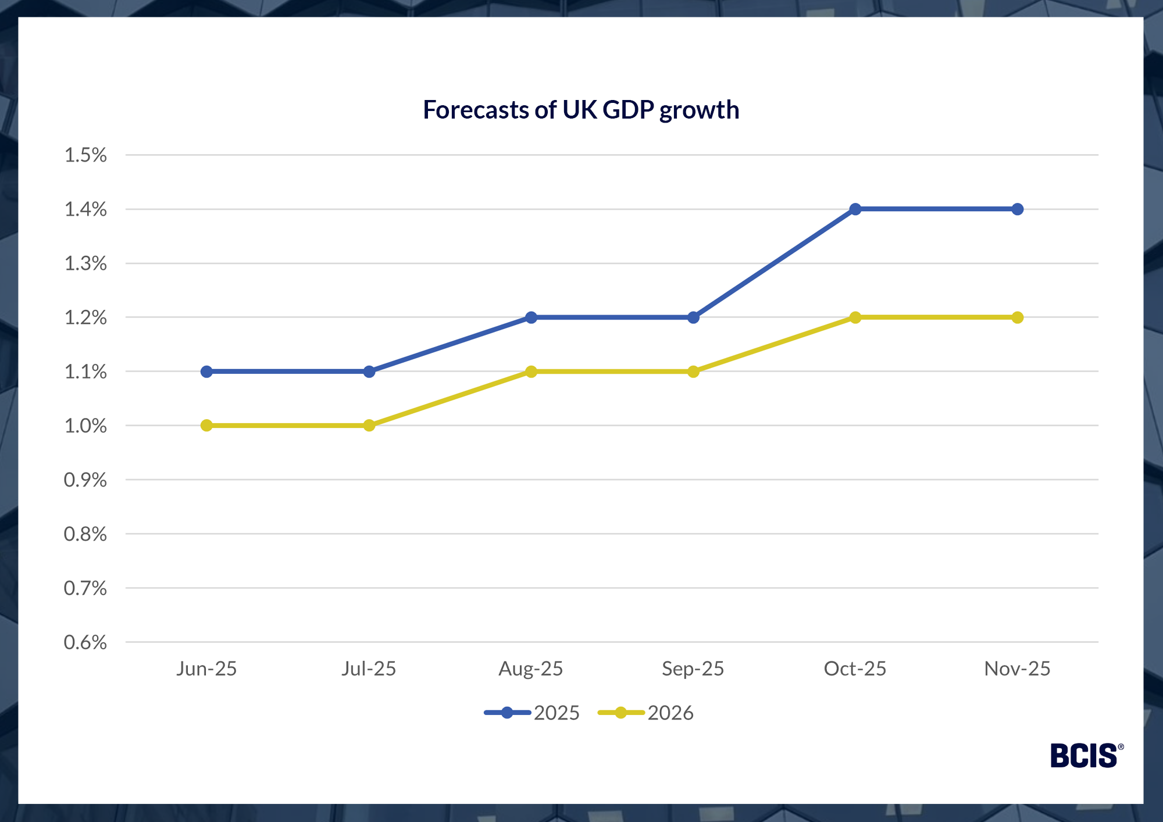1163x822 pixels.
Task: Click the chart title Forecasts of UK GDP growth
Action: pyautogui.click(x=580, y=110)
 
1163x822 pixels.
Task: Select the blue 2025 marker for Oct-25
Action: pyautogui.click(x=855, y=209)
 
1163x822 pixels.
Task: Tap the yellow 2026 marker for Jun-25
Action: pyautogui.click(x=206, y=426)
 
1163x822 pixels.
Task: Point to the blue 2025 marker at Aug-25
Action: pyautogui.click(x=531, y=317)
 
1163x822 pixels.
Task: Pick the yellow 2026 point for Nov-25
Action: pyautogui.click(x=1017, y=317)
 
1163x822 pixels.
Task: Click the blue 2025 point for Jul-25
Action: pyautogui.click(x=369, y=371)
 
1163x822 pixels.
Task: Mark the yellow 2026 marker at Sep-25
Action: pyautogui.click(x=693, y=371)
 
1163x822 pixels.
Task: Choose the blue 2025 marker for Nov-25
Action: pyautogui.click(x=1017, y=209)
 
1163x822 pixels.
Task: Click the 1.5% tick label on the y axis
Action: pyautogui.click(x=85, y=155)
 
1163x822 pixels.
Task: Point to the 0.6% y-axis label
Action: pyautogui.click(x=85, y=642)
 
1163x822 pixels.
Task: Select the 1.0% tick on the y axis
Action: pyautogui.click(x=85, y=426)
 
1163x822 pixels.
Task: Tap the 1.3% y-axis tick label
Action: pyautogui.click(x=85, y=264)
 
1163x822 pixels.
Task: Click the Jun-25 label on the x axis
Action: pyautogui.click(x=206, y=669)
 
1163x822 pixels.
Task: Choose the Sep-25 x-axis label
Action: pyautogui.click(x=693, y=669)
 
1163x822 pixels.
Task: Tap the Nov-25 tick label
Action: pyautogui.click(x=1017, y=669)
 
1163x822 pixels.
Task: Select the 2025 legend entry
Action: pyautogui.click(x=532, y=713)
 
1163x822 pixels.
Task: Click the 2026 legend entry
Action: pyautogui.click(x=646, y=713)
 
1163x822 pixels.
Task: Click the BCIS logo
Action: pyautogui.click(x=1086, y=756)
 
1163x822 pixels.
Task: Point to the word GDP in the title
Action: pyautogui.click(x=628, y=110)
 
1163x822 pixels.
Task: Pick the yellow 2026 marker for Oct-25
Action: pyautogui.click(x=855, y=317)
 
